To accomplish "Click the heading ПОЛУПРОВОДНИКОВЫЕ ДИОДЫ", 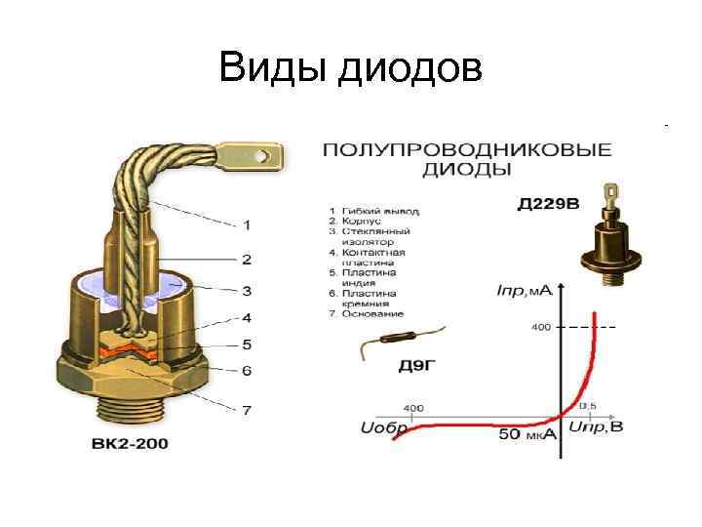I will pyautogui.click(x=467, y=159).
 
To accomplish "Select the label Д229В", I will pyautogui.click(x=547, y=204).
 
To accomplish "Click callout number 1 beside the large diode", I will pyautogui.click(x=246, y=225).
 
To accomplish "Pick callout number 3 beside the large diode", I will pyautogui.click(x=246, y=291).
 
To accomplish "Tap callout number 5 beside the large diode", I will pyautogui.click(x=246, y=344).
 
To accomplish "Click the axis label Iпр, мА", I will pyautogui.click(x=525, y=291).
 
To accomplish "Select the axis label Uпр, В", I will pyautogui.click(x=595, y=427).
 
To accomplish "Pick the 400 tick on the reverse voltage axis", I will pyautogui.click(x=413, y=407).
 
